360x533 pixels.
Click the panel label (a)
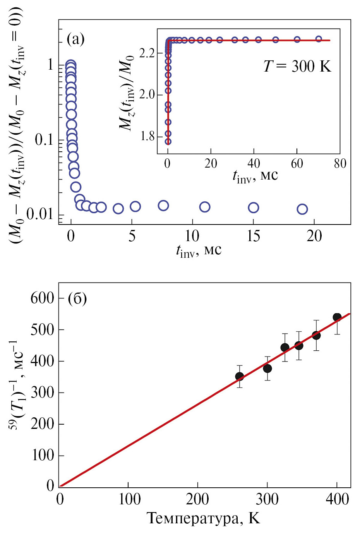(75, 39)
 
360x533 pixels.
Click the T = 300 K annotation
(297, 67)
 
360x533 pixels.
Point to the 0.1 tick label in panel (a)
(44, 140)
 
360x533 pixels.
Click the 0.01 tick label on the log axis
(39, 214)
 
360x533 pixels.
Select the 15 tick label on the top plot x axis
(253, 236)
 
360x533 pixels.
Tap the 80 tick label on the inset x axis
(340, 164)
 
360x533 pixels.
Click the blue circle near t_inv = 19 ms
(302, 209)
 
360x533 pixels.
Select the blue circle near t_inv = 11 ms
(205, 207)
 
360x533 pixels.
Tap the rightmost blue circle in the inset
(319, 39)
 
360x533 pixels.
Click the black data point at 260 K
(240, 376)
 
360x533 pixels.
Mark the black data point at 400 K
(337, 317)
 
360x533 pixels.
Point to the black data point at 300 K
(267, 368)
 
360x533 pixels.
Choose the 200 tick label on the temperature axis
(197, 499)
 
